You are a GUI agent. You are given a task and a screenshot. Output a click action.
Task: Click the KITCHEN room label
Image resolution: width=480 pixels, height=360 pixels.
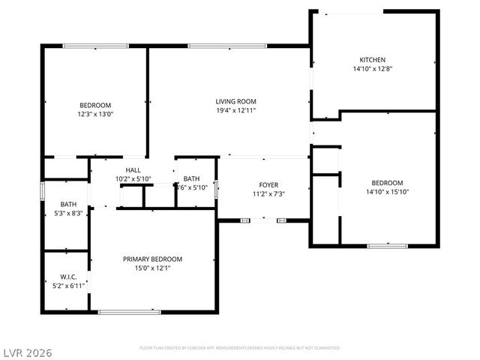[373, 59]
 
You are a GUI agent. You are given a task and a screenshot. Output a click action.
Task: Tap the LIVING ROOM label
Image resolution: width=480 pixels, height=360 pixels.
[236, 101]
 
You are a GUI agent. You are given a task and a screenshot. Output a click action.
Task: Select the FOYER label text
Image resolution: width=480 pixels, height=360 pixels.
[268, 184]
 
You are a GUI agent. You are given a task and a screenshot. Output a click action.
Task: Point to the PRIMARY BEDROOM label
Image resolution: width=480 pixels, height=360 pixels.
[153, 259]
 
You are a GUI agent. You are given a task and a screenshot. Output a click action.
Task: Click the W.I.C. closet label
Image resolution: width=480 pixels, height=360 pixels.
[68, 277]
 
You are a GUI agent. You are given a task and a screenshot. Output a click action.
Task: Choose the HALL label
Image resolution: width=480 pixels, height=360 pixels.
[133, 170]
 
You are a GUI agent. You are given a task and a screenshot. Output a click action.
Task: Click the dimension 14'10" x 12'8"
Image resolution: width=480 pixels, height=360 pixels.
[373, 68]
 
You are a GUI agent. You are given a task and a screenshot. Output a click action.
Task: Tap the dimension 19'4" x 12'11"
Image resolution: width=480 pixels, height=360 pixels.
[236, 110]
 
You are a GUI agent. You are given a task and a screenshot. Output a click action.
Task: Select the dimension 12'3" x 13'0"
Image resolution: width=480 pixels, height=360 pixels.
[95, 114]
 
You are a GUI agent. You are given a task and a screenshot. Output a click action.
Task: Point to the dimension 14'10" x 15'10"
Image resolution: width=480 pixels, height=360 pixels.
[387, 192]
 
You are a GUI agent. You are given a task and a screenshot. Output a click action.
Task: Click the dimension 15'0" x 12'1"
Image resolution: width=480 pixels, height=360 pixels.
[153, 268]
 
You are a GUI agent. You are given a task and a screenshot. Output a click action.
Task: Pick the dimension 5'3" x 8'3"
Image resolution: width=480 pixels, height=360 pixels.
[68, 213]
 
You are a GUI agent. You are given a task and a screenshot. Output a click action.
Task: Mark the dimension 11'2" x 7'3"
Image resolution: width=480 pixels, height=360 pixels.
[268, 193]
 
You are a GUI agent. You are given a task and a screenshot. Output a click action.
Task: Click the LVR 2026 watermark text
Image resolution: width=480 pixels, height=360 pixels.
[26, 352]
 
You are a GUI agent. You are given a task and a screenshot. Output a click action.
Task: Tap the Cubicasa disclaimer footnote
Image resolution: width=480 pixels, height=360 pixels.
[240, 348]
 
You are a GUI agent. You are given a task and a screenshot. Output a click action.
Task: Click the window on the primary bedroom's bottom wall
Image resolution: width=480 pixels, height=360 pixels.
[129, 311]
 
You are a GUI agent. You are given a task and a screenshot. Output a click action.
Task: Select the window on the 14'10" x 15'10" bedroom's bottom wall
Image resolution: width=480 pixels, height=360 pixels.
[387, 245]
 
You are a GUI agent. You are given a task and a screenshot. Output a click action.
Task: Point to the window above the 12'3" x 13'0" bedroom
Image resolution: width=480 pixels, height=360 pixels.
[94, 46]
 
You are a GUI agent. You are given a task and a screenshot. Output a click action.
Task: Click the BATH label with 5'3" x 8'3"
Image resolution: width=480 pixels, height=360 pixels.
[68, 204]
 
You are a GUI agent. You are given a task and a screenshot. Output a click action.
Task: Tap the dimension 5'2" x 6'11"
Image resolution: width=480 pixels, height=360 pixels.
[68, 286]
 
